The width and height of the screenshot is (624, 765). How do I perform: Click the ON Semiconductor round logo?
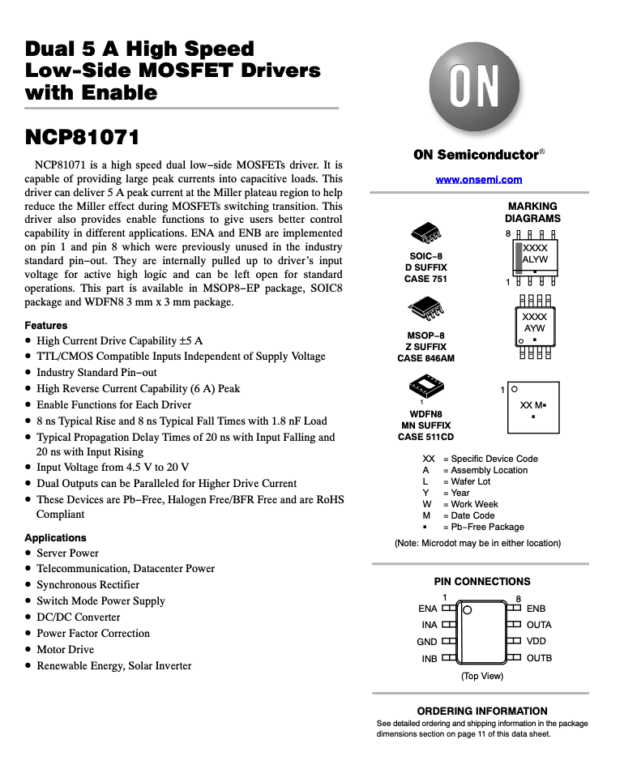pyautogui.click(x=474, y=86)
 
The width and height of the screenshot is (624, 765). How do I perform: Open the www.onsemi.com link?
pyautogui.click(x=479, y=180)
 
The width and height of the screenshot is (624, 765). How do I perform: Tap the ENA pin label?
pyautogui.click(x=427, y=609)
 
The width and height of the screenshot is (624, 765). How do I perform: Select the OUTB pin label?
pyautogui.click(x=539, y=658)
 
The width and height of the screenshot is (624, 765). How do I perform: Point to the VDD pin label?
pyautogui.click(x=536, y=641)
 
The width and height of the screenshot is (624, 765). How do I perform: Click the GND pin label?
pyautogui.click(x=427, y=642)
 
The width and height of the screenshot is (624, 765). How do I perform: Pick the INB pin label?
pyautogui.click(x=429, y=659)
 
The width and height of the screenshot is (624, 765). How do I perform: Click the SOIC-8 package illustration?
pyautogui.click(x=425, y=233)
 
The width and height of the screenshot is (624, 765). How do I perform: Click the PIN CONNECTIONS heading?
pyautogui.click(x=482, y=581)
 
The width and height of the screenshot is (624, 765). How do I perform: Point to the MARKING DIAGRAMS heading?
pyautogui.click(x=532, y=212)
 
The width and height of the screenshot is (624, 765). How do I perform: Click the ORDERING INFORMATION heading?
pyautogui.click(x=482, y=711)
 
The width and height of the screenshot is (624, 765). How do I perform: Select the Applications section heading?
pyautogui.click(x=55, y=537)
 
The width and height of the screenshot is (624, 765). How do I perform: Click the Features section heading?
pyautogui.click(x=46, y=325)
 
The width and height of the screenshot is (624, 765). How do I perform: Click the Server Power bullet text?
pyautogui.click(x=67, y=553)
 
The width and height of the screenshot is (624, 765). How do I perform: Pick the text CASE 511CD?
pyautogui.click(x=425, y=437)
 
